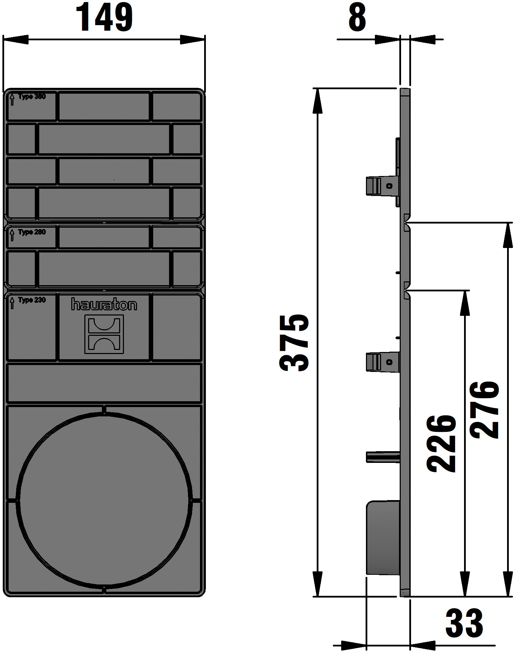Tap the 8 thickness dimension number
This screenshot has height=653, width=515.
click(x=357, y=17)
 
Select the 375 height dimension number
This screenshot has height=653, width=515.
click(x=294, y=343)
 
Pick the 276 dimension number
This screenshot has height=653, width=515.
click(x=485, y=410)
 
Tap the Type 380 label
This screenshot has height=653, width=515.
click(x=32, y=97)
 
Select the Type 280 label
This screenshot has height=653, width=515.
click(x=32, y=232)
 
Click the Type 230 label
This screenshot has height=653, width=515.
click(x=32, y=300)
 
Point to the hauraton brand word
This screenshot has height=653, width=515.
click(x=104, y=304)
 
